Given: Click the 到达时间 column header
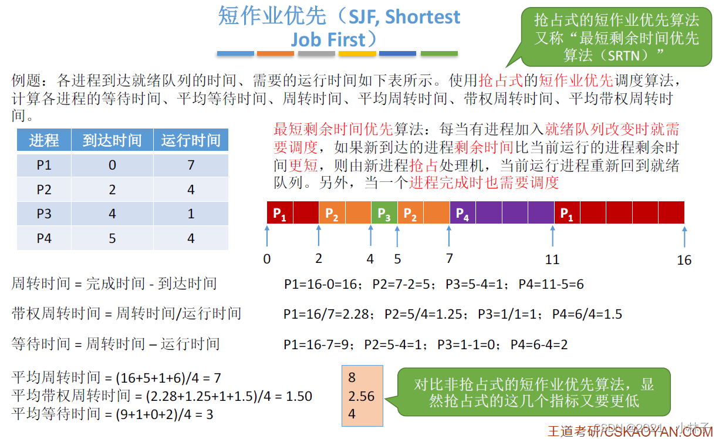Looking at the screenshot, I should pos(112,141).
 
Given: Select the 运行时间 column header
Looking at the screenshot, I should pos(191,141).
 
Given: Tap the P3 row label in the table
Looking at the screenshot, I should pos(44,214).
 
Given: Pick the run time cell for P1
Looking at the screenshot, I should pos(191,166).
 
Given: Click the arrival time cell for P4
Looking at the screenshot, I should pos(112,238).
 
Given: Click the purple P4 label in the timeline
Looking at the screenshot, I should pos(463,213).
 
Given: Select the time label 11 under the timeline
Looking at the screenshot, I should pos(552,259).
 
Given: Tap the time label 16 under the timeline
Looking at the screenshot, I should pos(684,260).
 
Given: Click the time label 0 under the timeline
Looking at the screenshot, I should pos(267,259).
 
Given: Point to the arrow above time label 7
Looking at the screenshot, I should pos(449,236).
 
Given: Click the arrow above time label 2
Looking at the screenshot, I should pos(319,236).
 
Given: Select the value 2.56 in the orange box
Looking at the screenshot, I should pos(361,397).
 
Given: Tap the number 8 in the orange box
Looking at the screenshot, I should pos(352,377).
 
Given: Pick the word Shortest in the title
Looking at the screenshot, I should pos(423,18).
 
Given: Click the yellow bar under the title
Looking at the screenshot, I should pos(357,53).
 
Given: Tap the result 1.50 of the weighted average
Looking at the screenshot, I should pos(299,396).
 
